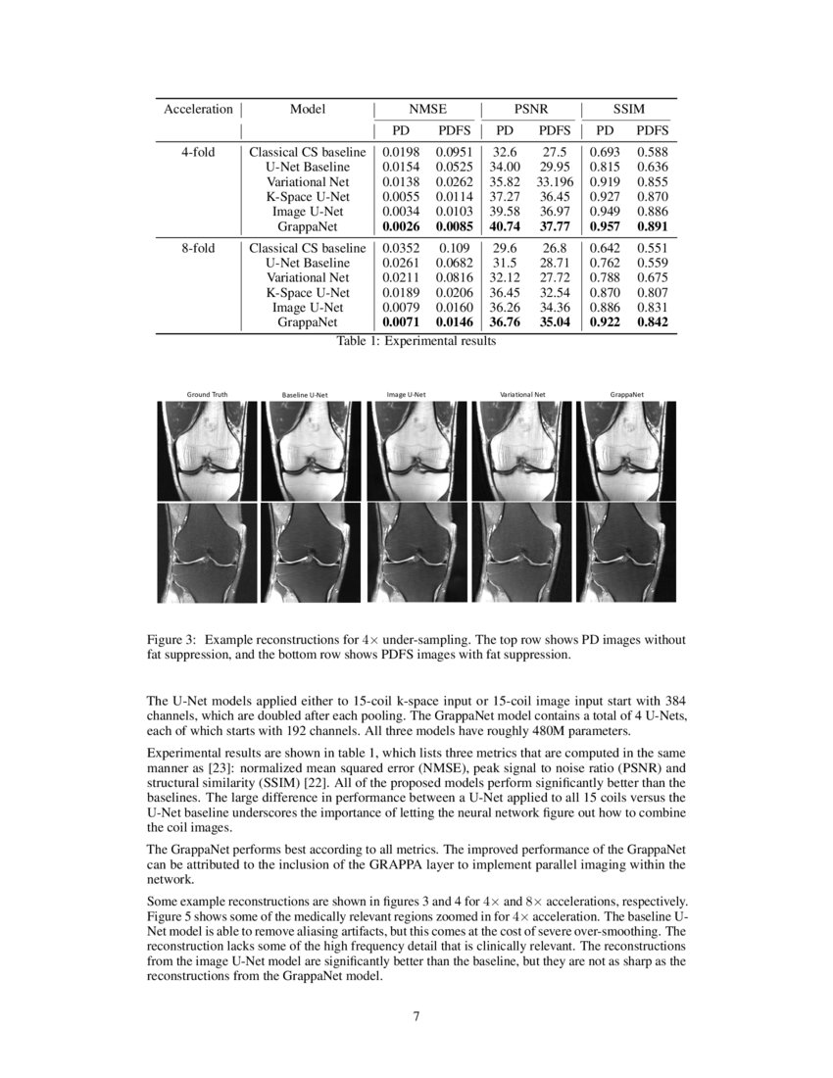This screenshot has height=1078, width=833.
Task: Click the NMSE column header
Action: (426, 109)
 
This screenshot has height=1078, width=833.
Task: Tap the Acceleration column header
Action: (198, 109)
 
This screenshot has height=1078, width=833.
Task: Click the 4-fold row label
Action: (199, 152)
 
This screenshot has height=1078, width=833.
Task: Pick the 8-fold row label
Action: (199, 248)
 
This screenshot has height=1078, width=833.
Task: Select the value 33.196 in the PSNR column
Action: (555, 181)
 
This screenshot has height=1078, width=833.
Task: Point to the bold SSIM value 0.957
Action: (606, 225)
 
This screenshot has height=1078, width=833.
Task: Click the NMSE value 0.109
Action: (454, 248)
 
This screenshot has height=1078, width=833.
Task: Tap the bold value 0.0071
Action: (400, 321)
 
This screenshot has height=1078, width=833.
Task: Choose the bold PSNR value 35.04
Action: (555, 321)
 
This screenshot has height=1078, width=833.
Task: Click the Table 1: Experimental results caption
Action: (416, 341)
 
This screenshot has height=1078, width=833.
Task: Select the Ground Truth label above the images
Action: (207, 394)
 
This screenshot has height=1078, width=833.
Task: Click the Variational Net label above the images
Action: (522, 394)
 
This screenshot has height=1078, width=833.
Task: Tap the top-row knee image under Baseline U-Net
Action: (312, 451)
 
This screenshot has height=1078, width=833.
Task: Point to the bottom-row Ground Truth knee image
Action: (207, 553)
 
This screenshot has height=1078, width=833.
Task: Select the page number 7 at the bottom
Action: (416, 1015)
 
